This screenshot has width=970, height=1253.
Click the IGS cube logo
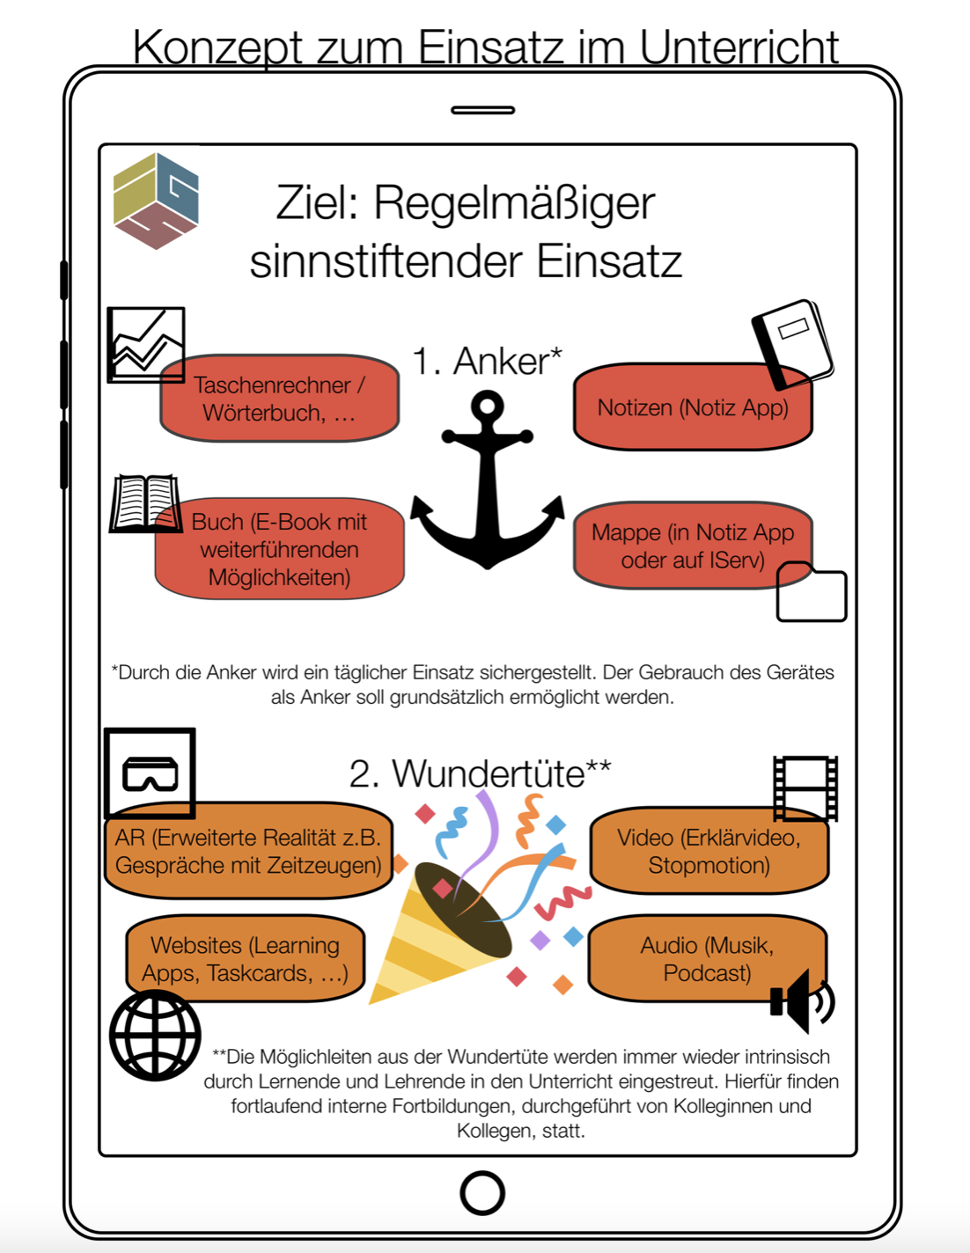(157, 201)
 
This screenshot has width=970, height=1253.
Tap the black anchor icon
(488, 479)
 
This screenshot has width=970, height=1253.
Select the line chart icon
(146, 345)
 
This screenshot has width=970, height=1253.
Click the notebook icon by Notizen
(792, 344)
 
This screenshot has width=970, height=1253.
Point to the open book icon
(146, 503)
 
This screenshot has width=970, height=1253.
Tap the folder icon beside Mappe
(812, 592)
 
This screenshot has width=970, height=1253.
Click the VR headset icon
(150, 773)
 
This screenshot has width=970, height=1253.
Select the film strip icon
(805, 788)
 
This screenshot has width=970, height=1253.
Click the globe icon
(155, 1035)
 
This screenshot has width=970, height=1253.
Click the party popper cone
(438, 934)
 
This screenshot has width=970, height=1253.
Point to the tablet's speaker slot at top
(482, 110)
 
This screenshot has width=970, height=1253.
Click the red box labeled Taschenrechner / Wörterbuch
(280, 399)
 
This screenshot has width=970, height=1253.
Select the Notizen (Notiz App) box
(693, 407)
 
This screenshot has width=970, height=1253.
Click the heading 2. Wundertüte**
(480, 773)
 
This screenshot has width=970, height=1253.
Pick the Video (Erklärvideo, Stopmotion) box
(709, 851)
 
